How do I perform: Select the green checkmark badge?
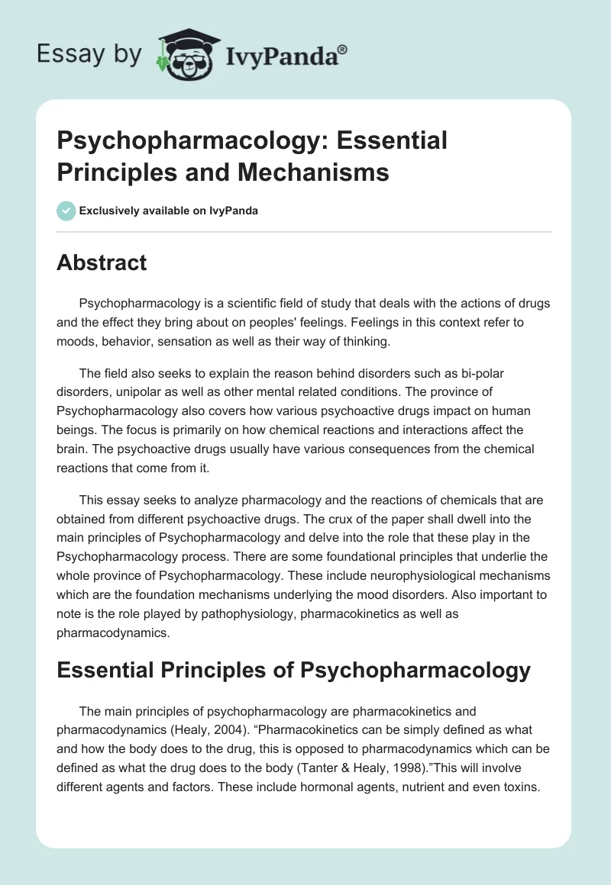click(x=66, y=211)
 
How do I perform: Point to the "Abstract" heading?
click(x=102, y=262)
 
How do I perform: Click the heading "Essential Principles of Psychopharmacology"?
click(x=293, y=670)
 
